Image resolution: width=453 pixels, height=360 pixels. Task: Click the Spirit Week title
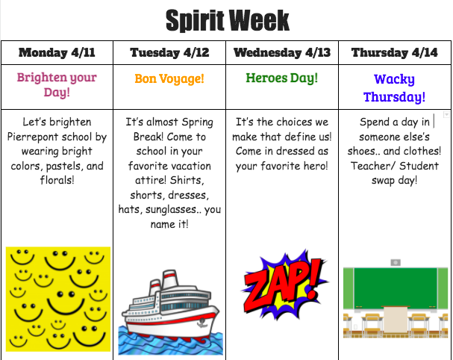tap(228, 20)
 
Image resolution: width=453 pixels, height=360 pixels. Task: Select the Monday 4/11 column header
tap(57, 52)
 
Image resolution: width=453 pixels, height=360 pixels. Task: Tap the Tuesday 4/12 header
tap(169, 52)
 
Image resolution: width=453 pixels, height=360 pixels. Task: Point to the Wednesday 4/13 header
tap(282, 52)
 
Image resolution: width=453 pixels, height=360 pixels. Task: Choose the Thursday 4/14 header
tap(395, 52)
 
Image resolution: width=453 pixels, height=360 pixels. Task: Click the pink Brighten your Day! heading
tap(57, 84)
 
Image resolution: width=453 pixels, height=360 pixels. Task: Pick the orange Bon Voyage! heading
tap(169, 78)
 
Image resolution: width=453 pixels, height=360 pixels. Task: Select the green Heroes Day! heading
tap(282, 78)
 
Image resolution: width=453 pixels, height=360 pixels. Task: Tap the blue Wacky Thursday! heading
tap(395, 88)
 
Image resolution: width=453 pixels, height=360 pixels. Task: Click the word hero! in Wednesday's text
tap(316, 166)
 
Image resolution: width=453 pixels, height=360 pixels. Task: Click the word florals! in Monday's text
tap(57, 180)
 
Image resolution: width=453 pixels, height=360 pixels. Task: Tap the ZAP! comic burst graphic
tap(284, 285)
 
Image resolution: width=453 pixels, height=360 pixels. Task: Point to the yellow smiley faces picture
tap(58, 299)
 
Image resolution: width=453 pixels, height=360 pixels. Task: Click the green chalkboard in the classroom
tap(396, 288)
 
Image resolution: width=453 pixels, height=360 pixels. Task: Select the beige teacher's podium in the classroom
tap(396, 320)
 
